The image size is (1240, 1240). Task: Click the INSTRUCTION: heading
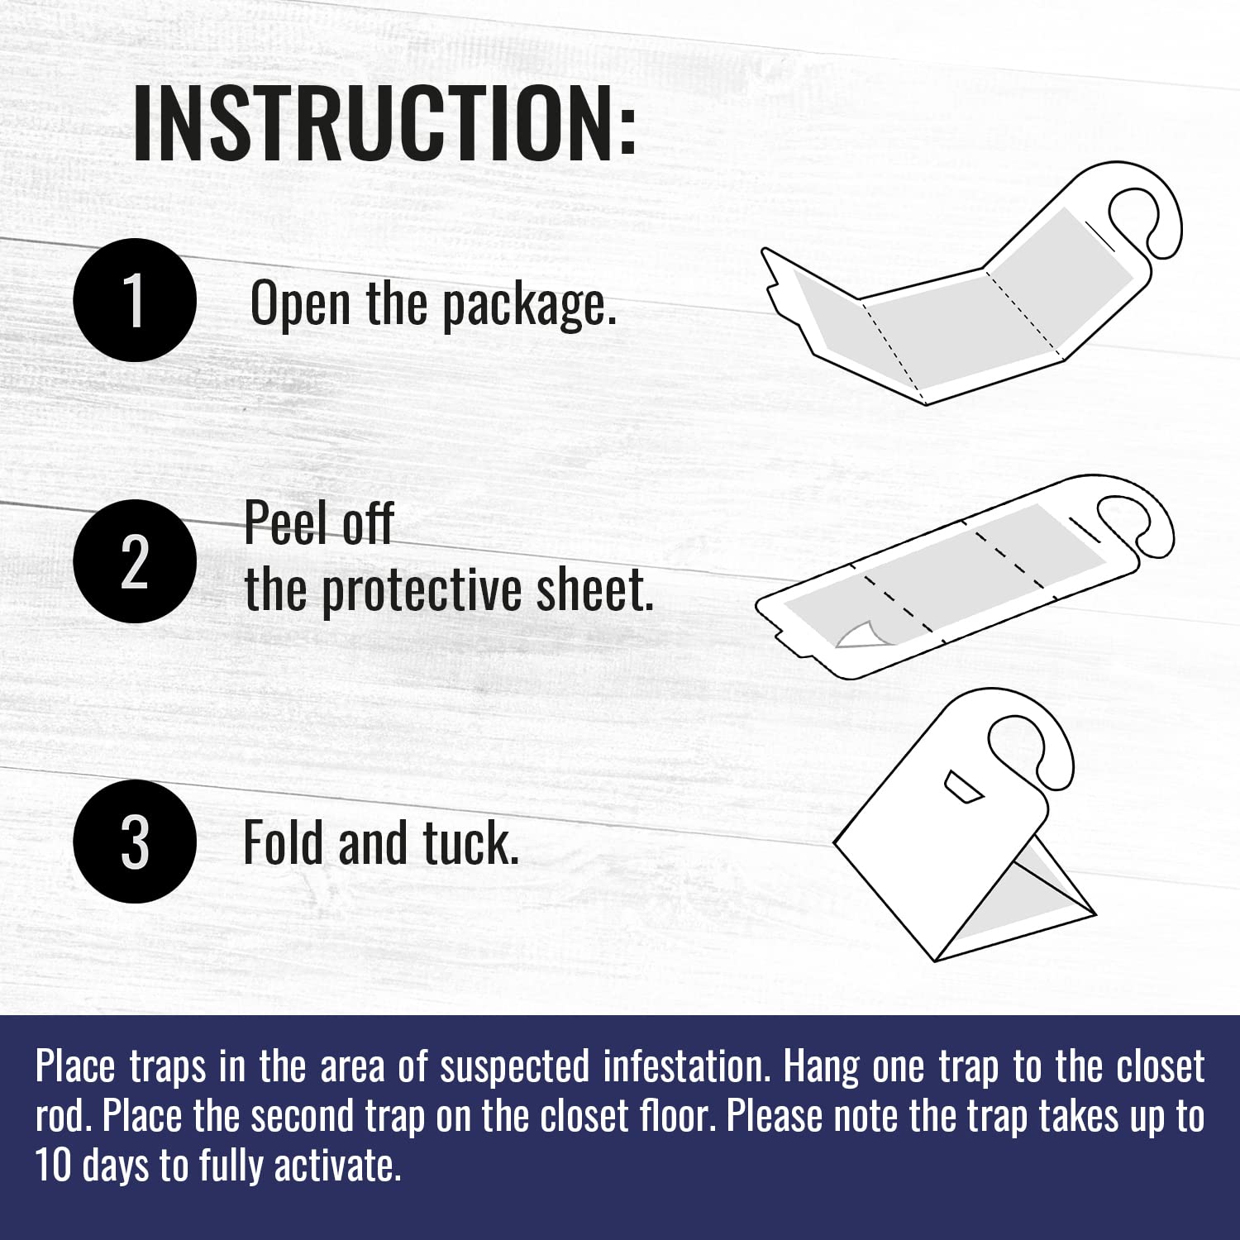click(x=384, y=122)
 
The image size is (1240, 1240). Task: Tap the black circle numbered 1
click(x=135, y=300)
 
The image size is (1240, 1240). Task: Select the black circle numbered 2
click(x=135, y=561)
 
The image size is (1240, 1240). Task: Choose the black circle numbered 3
click(x=135, y=842)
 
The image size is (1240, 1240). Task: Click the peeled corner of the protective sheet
click(x=856, y=633)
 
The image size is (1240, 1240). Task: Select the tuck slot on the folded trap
click(x=964, y=787)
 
